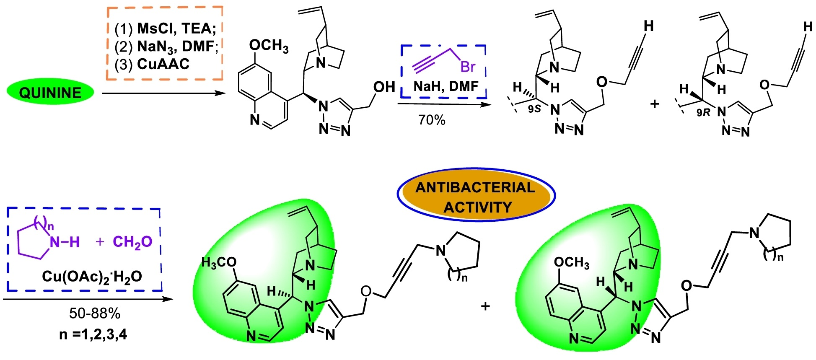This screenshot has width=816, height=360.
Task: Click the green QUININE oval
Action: click(50, 93)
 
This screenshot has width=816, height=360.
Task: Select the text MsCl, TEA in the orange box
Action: click(176, 28)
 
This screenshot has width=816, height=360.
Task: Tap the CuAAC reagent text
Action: click(163, 64)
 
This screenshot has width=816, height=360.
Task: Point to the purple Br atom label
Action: click(468, 67)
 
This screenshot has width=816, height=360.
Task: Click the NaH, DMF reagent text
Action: click(446, 86)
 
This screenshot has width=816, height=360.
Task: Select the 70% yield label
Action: click(432, 120)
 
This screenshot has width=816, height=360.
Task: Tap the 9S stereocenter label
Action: click(534, 109)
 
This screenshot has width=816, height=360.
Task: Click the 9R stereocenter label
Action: click(704, 112)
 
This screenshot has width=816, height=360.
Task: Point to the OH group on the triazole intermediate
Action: click(384, 87)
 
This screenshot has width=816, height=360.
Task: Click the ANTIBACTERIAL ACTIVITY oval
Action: click(476, 197)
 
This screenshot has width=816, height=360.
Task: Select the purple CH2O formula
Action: click(132, 242)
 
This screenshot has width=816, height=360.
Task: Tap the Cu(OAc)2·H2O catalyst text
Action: click(92, 276)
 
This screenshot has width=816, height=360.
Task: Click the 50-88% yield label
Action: click(95, 313)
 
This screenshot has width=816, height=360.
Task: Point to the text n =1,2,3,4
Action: click(93, 334)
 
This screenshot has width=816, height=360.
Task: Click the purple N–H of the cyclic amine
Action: click(65, 242)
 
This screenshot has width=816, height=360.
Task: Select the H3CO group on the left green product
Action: click(219, 263)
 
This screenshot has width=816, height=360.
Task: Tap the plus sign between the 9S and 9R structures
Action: click(654, 104)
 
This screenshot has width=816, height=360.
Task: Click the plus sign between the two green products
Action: click(485, 306)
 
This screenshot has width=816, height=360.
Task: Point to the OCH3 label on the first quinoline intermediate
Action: click(269, 46)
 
